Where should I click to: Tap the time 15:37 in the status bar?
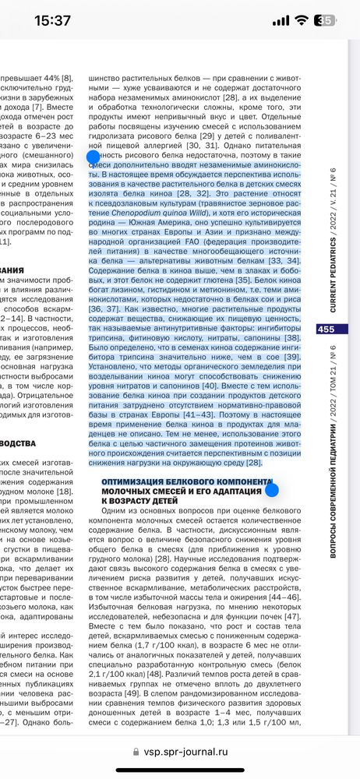pyautogui.click(x=52, y=21)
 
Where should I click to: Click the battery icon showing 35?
pyautogui.click(x=329, y=21)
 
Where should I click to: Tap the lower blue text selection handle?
pyautogui.click(x=271, y=490)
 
